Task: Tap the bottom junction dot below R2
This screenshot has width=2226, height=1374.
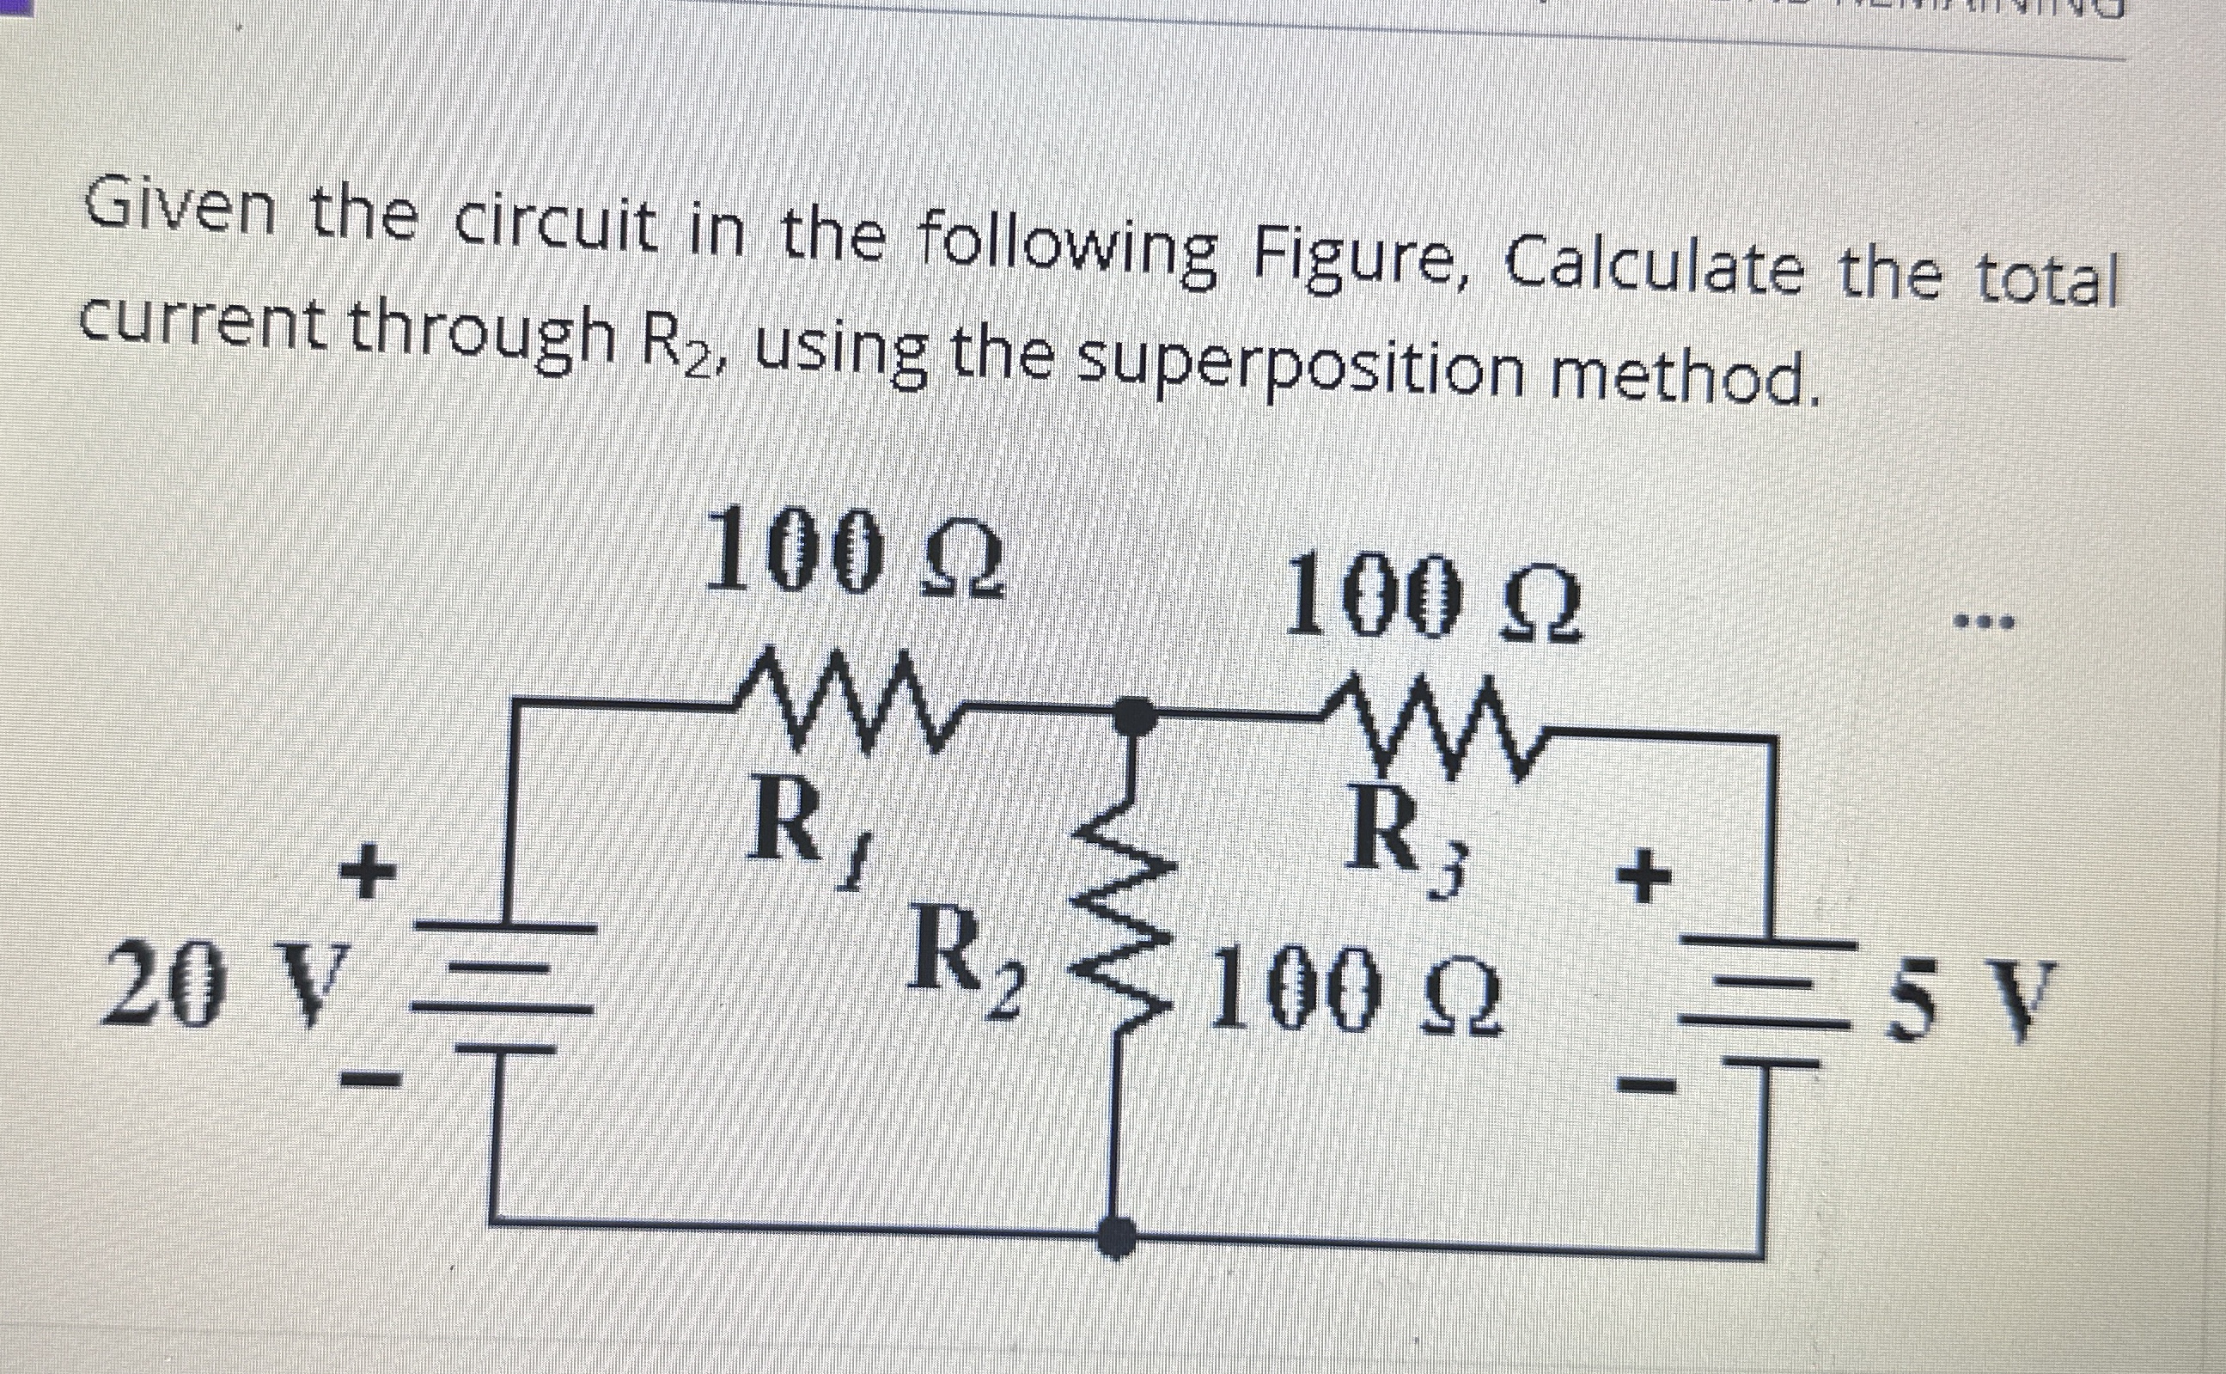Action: pos(1116,1237)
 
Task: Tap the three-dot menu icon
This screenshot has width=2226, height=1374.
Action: pos(1986,623)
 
